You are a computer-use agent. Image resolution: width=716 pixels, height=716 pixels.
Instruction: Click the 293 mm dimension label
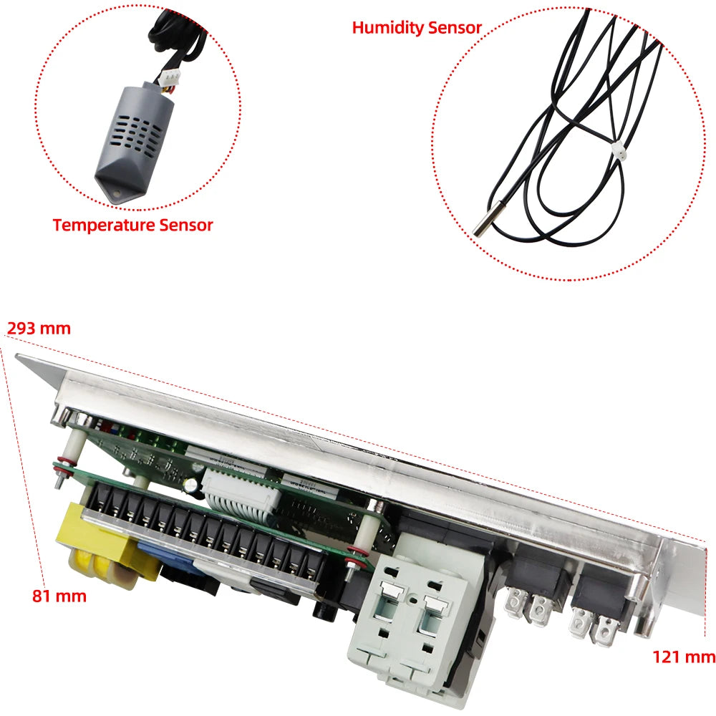point(39,329)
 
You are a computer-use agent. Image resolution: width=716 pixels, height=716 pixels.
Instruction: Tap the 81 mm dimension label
point(59,595)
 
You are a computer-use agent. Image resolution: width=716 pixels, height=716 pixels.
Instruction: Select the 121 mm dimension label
point(684,657)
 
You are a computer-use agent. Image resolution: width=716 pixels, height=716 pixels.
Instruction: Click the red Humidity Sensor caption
point(417,28)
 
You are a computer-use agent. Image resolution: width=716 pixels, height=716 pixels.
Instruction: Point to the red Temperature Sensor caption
point(132,225)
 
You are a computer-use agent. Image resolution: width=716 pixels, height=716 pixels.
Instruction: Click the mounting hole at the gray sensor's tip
point(115,193)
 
